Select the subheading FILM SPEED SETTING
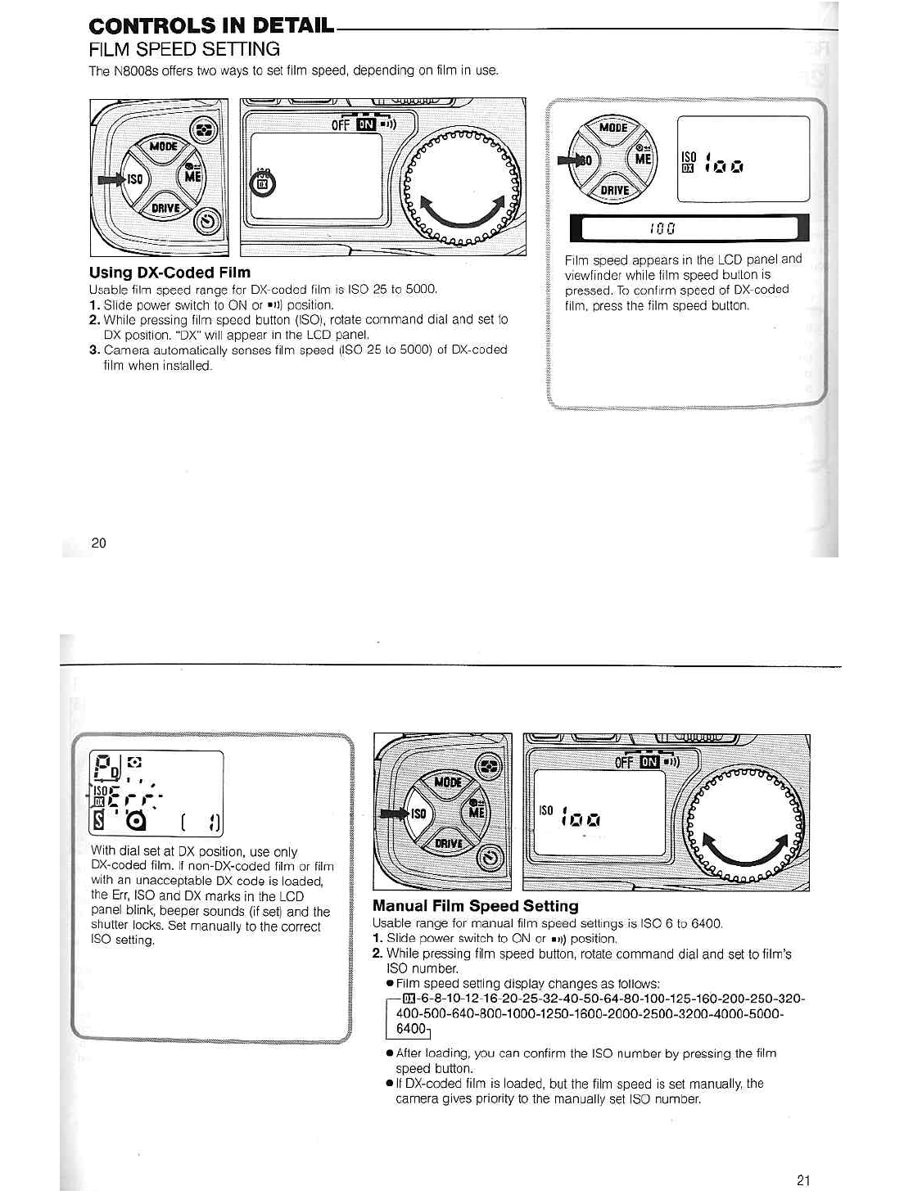coord(184,49)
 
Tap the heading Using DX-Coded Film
coord(169,273)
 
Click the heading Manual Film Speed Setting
coord(475,906)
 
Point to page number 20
coord(98,543)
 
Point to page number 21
coord(802,1179)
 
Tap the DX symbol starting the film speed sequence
coord(407,999)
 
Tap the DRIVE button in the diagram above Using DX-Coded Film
coord(166,208)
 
